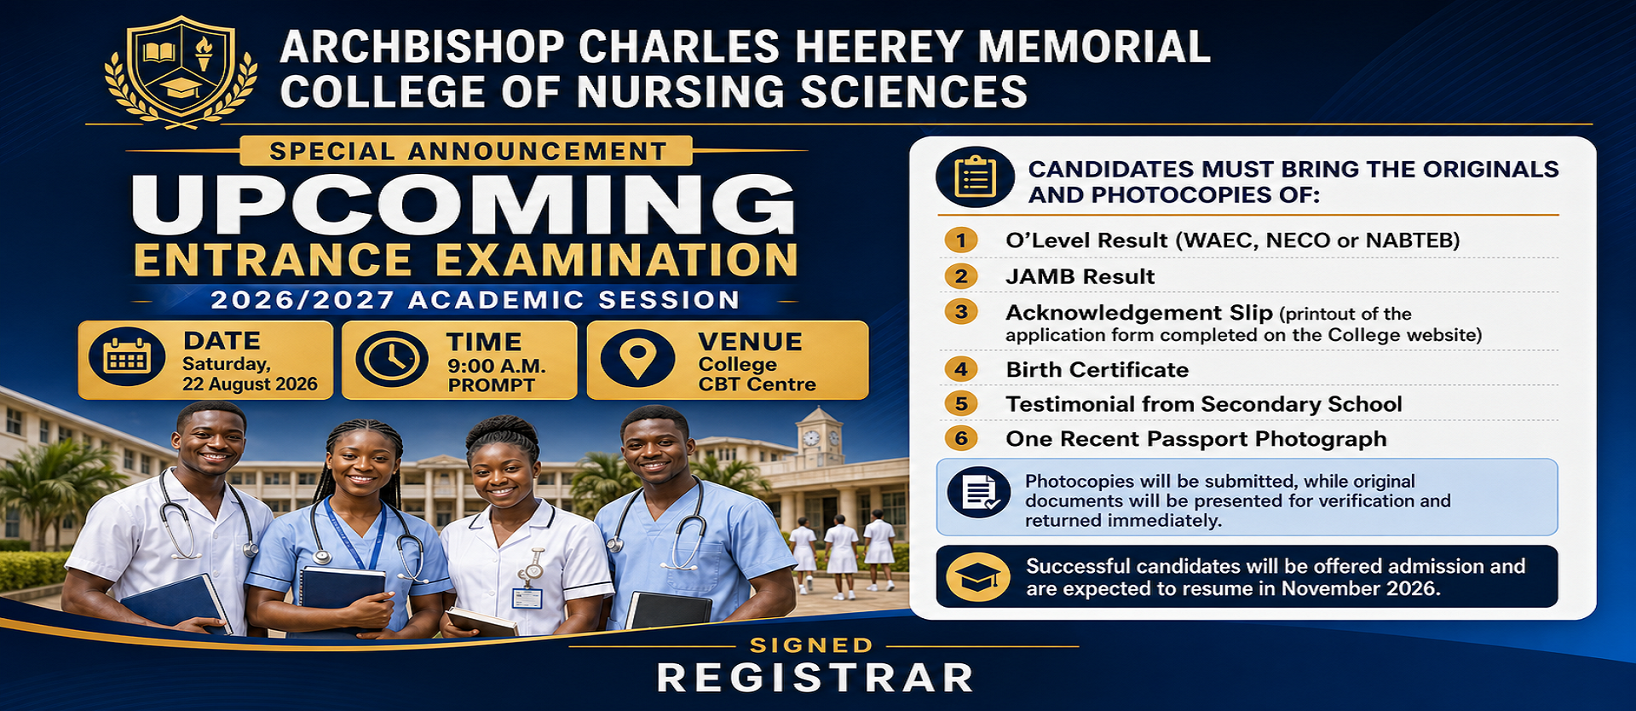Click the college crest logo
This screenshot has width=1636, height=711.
click(x=181, y=72)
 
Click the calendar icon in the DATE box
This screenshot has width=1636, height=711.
click(x=127, y=356)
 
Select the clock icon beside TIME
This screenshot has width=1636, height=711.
click(x=391, y=359)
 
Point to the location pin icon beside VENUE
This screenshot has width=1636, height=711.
click(x=637, y=358)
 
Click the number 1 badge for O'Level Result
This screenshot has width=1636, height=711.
click(x=961, y=240)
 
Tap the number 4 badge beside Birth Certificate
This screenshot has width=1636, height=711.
click(x=961, y=369)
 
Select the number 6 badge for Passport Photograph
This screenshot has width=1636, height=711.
click(x=961, y=438)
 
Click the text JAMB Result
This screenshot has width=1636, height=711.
click(x=1080, y=277)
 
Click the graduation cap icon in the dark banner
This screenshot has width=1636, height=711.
click(x=978, y=577)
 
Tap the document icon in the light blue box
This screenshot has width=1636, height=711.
click(x=979, y=493)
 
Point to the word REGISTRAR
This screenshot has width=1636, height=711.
click(x=815, y=679)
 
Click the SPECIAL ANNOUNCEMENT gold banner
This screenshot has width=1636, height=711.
click(x=467, y=151)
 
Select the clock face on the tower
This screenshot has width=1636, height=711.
click(x=812, y=437)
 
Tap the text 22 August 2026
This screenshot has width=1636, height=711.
click(x=250, y=384)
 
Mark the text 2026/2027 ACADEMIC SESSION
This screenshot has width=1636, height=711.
click(x=475, y=300)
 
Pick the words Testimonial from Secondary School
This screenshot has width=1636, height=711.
click(x=1204, y=404)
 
